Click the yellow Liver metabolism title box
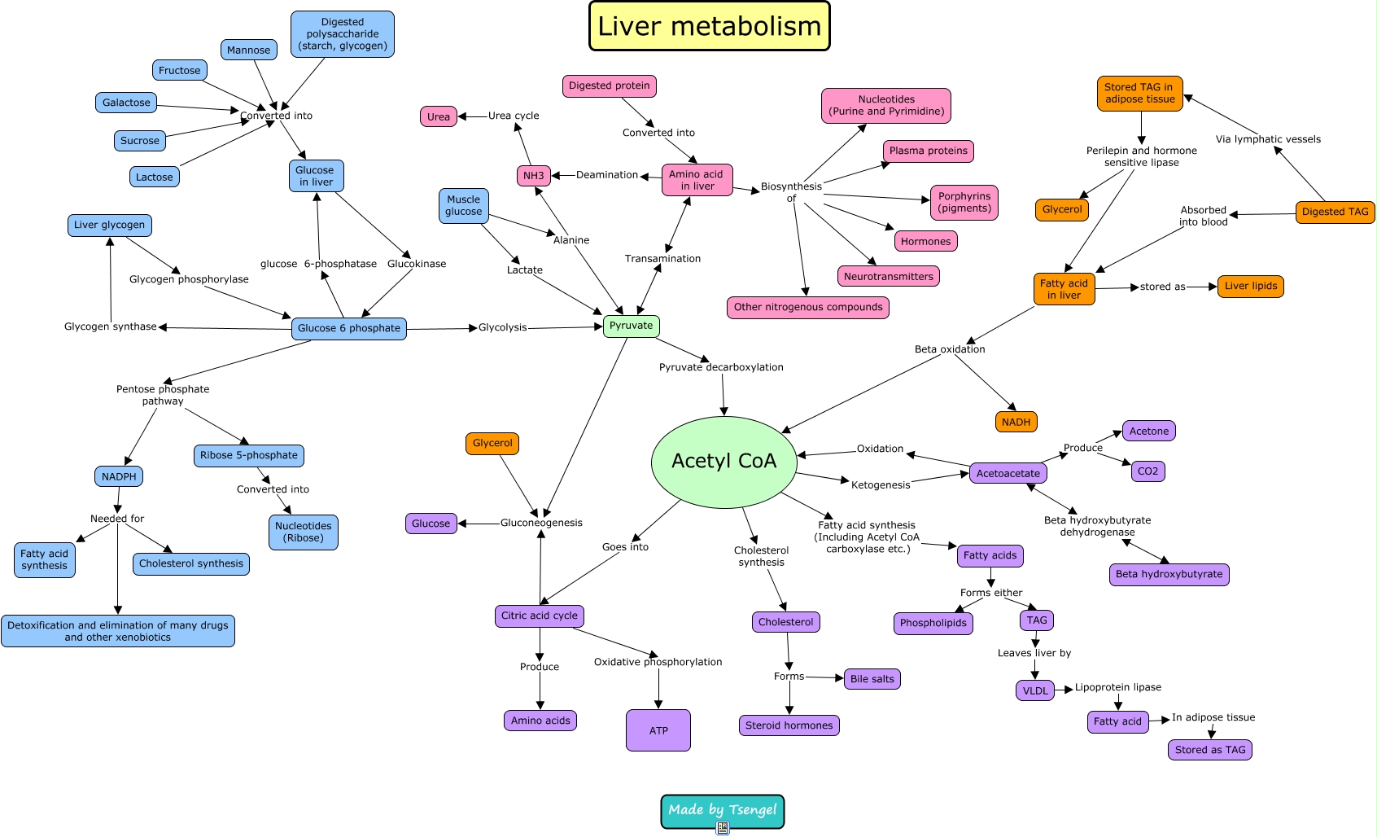pyautogui.click(x=709, y=26)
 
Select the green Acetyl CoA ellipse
pyautogui.click(x=723, y=461)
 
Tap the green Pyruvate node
pyautogui.click(x=631, y=326)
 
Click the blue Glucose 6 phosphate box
pyautogui.click(x=348, y=328)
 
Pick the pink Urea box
pyautogui.click(x=438, y=116)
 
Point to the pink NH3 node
pyautogui.click(x=533, y=175)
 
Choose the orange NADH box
pyautogui.click(x=1016, y=422)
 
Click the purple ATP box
pyautogui.click(x=658, y=730)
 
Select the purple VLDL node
pyautogui.click(x=1035, y=690)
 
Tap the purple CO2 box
pyautogui.click(x=1147, y=471)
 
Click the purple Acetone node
pyautogui.click(x=1148, y=431)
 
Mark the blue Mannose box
pyautogui.click(x=248, y=50)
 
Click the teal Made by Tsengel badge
pyautogui.click(x=722, y=810)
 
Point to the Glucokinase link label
pyautogui.click(x=416, y=264)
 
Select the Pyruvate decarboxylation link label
pyautogui.click(x=721, y=367)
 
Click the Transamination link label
pyautogui.click(x=662, y=259)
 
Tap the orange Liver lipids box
pyautogui.click(x=1250, y=286)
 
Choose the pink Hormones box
pyautogui.click(x=925, y=241)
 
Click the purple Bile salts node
pyautogui.click(x=872, y=679)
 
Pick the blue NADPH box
pyautogui.click(x=119, y=476)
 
